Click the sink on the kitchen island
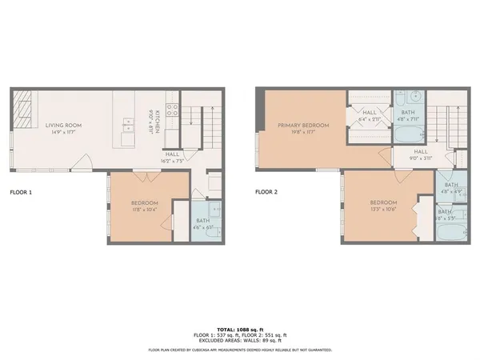[x=128, y=125]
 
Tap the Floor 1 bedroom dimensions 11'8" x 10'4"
[x=145, y=210]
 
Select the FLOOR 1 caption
[x=22, y=192]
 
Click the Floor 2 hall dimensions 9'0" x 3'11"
[x=420, y=158]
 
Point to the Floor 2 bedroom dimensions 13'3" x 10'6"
[x=382, y=210]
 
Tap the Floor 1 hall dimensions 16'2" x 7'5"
[x=174, y=161]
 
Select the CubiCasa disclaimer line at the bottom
[x=240, y=350]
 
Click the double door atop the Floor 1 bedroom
[x=142, y=174]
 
